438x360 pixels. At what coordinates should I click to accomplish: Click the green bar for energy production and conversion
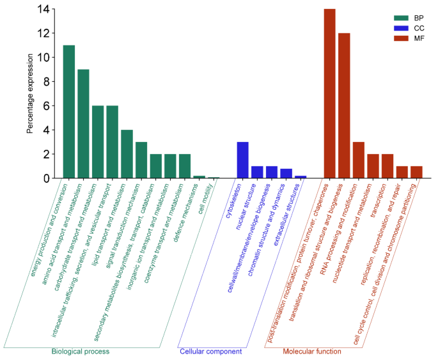69,112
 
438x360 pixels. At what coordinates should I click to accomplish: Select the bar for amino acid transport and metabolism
83,124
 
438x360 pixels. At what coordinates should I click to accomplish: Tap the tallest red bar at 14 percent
329,93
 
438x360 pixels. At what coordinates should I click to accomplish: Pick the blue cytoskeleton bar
242,160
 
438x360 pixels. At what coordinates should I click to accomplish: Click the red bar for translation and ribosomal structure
344,106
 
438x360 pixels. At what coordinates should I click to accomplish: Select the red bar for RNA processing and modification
358,160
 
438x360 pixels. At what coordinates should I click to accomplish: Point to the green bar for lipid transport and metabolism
127,154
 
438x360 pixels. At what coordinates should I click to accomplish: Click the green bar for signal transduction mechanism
141,160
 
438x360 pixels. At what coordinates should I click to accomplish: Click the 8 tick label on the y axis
45,81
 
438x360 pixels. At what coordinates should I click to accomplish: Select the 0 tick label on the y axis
45,178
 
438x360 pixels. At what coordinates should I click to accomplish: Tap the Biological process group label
81,352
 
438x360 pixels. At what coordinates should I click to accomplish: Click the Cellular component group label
210,352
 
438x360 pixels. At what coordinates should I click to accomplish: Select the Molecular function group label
311,352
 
